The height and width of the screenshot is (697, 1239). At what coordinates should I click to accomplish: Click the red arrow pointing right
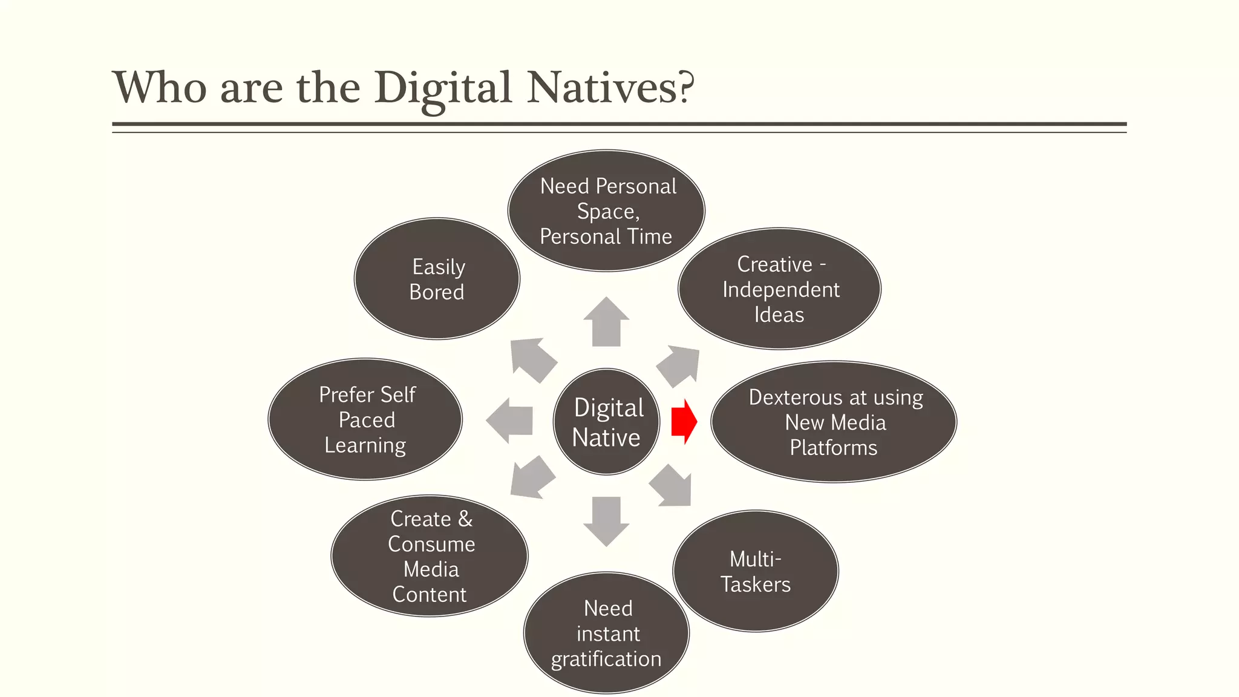(684, 422)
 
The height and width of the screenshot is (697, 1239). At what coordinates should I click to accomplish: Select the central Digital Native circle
(606, 422)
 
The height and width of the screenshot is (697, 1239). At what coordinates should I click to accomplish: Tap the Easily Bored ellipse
(437, 279)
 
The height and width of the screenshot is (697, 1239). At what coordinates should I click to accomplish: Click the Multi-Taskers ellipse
(756, 571)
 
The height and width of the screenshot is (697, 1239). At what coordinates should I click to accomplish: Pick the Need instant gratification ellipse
(606, 633)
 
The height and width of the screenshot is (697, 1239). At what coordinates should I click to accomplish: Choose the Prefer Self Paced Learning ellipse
(365, 419)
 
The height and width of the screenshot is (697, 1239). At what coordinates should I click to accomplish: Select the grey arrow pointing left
(509, 420)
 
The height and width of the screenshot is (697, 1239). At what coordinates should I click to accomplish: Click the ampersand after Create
(465, 519)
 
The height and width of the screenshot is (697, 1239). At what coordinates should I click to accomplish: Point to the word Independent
(780, 290)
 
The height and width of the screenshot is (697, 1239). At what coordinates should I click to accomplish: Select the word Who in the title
(160, 88)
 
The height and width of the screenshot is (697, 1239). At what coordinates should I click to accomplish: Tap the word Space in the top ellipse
(606, 212)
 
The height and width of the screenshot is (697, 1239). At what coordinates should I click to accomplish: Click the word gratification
(606, 659)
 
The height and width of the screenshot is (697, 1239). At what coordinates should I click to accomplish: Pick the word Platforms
(833, 448)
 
